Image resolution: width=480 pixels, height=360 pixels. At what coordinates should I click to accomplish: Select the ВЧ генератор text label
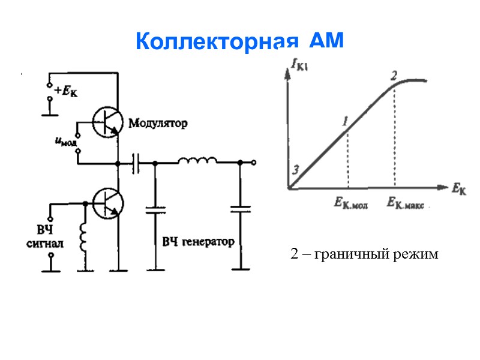coord(198,241)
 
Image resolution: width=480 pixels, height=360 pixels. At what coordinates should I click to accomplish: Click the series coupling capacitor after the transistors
coord(136,163)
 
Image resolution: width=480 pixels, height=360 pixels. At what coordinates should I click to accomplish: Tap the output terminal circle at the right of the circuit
coord(254,163)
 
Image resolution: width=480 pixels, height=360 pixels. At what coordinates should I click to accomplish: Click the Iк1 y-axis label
coord(298,63)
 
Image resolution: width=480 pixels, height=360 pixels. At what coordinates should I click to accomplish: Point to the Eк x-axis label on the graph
coord(458,190)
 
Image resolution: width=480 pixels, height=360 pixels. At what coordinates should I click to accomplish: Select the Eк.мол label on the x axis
coord(351,203)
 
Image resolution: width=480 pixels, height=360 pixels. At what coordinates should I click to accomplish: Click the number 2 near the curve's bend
coord(394,76)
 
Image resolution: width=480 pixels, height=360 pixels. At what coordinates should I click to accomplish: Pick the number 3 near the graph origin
coord(295,170)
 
